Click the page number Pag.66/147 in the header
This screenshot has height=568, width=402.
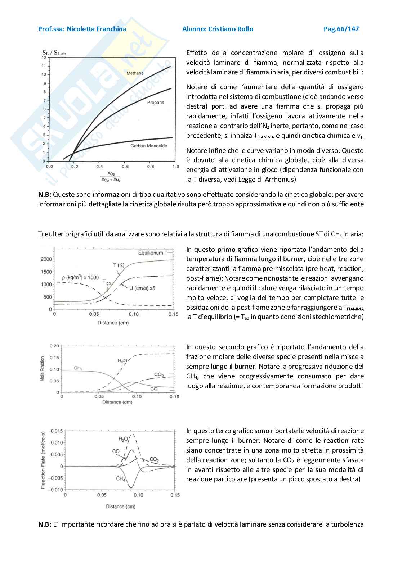341,29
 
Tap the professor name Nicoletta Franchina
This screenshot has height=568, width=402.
97,29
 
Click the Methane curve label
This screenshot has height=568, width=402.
135,73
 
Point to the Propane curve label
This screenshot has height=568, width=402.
155,103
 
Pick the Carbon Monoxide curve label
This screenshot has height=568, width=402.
149,146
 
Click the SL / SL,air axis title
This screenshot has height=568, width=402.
54,53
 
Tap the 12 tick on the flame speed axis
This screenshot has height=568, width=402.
44,58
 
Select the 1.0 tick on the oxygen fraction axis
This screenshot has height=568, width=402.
176,167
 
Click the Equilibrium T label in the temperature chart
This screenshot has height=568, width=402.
153,253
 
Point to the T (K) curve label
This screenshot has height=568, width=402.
119,265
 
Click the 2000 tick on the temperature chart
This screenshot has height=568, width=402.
46,259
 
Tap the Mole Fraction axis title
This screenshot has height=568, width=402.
43,369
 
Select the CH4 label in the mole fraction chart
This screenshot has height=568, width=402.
78,368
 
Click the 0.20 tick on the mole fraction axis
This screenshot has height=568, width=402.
54,346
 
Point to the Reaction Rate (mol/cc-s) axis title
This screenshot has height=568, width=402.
43,459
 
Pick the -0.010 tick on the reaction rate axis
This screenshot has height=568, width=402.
55,490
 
